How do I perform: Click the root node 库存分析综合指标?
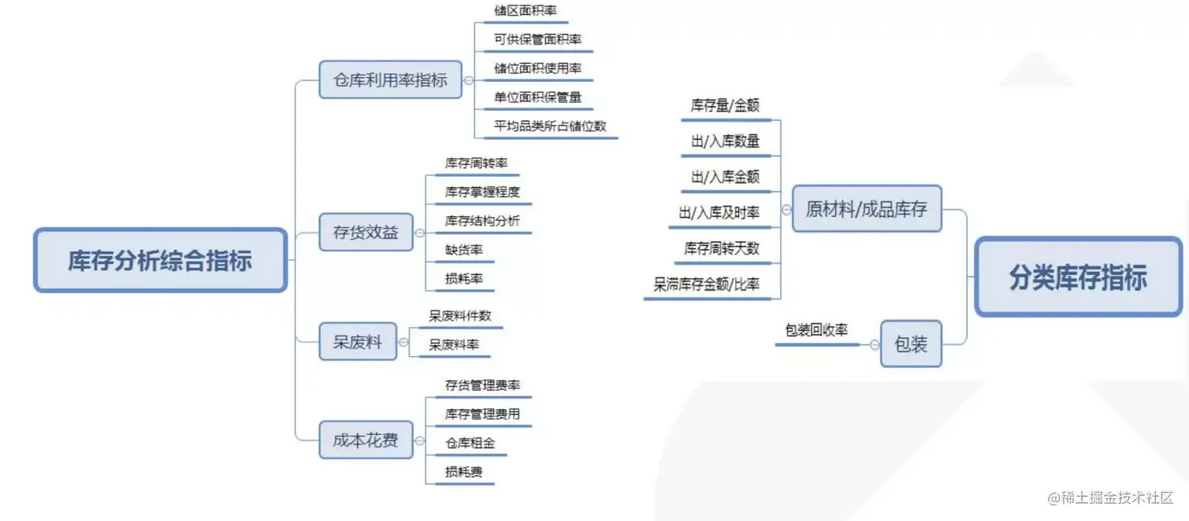tap(160, 260)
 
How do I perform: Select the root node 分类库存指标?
tap(1078, 278)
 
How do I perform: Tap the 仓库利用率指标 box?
tap(390, 79)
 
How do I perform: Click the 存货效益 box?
tap(366, 233)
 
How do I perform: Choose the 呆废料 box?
tap(357, 342)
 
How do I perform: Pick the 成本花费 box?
tap(366, 440)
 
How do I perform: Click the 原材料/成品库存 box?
tap(867, 209)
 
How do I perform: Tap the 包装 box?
tap(911, 343)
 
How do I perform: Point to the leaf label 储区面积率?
tap(525, 11)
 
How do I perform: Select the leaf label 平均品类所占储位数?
tap(550, 126)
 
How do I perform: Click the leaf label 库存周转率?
tap(477, 163)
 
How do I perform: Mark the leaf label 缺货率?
tap(464, 250)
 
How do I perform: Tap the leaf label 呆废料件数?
tap(460, 316)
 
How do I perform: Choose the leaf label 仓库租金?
tap(470, 443)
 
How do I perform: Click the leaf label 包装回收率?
tap(816, 331)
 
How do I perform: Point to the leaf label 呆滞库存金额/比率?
tap(706, 284)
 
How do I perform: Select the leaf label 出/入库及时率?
tap(719, 213)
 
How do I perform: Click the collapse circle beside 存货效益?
tap(420, 233)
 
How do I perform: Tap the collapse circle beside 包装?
tap(874, 344)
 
